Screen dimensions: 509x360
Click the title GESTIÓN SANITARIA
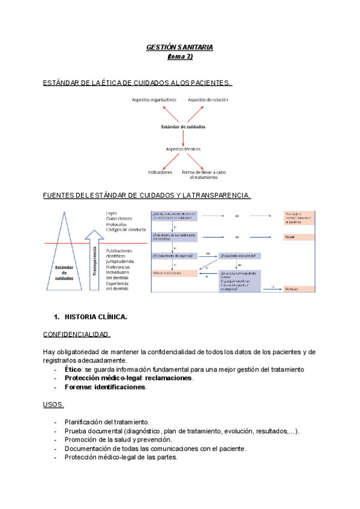[x=180, y=47]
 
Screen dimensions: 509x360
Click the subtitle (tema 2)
[x=180, y=56]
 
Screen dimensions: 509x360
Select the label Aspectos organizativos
[x=154, y=100]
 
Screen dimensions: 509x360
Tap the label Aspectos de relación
[x=208, y=100]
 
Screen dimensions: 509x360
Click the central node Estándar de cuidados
[x=183, y=127]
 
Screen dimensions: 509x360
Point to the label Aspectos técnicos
[x=183, y=148]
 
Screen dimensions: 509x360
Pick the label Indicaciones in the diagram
[x=160, y=172]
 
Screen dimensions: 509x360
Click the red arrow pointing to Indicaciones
[x=171, y=161]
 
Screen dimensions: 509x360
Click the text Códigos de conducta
[x=126, y=230]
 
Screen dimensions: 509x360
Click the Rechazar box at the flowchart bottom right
[x=299, y=288]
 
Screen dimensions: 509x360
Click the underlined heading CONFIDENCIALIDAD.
[x=76, y=334]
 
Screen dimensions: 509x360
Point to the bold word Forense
[x=77, y=387]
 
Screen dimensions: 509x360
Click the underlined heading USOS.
[x=53, y=405]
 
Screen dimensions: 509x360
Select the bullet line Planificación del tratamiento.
[x=107, y=423]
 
